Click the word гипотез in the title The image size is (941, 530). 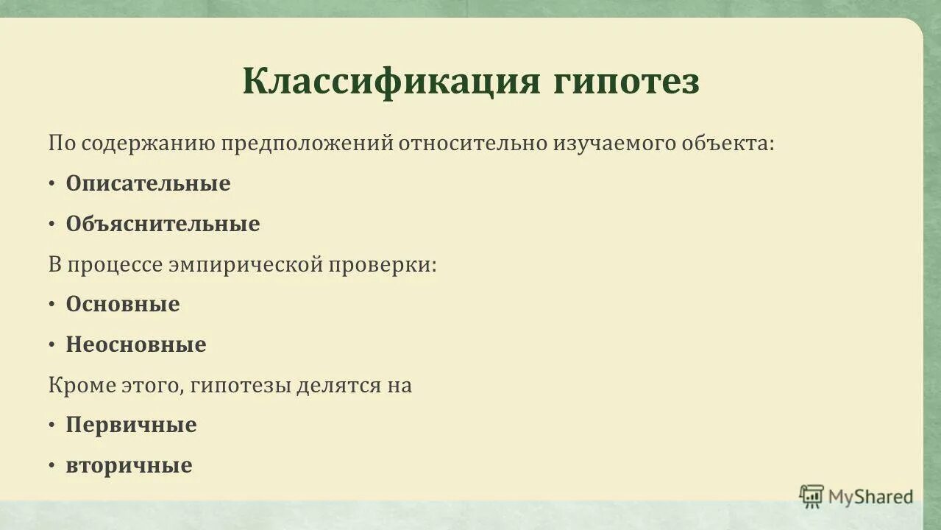(626, 81)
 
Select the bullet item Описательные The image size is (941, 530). (148, 183)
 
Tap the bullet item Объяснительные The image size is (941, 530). (163, 224)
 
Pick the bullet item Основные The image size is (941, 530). (123, 304)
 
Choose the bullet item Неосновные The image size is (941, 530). (136, 344)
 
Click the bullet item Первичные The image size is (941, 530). (131, 425)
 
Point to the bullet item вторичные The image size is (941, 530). (129, 465)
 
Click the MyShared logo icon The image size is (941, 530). (812, 497)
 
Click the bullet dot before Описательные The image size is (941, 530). (52, 184)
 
